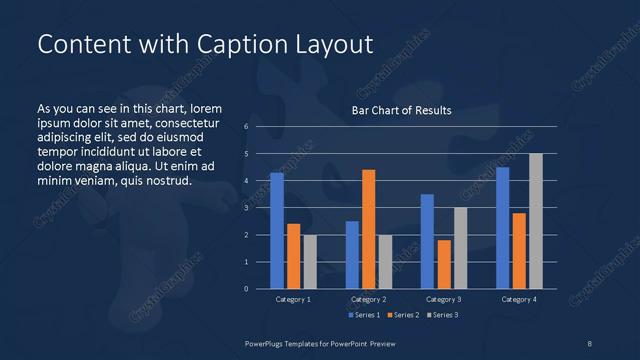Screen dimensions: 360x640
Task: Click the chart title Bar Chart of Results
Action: pyautogui.click(x=401, y=110)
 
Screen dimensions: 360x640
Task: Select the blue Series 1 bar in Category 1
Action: pyautogui.click(x=277, y=231)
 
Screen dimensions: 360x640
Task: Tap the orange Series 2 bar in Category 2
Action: pyautogui.click(x=368, y=229)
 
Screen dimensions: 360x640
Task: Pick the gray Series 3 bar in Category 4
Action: pyautogui.click(x=535, y=221)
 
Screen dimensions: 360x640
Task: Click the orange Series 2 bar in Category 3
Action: pyautogui.click(x=444, y=264)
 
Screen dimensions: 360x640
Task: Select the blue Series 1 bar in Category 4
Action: pyautogui.click(x=502, y=228)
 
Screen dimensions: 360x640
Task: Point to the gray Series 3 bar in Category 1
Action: pyautogui.click(x=309, y=262)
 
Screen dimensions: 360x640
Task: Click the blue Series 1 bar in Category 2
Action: pyautogui.click(x=352, y=255)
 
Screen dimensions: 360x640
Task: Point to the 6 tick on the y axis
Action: pyautogui.click(x=246, y=127)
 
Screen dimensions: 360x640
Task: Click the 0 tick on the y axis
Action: pyautogui.click(x=246, y=289)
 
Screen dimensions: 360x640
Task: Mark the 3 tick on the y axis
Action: pyautogui.click(x=246, y=208)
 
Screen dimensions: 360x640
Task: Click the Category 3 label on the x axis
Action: pyautogui.click(x=443, y=299)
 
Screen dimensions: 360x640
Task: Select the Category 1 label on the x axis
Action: pyautogui.click(x=293, y=299)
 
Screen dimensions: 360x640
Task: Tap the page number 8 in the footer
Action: pyautogui.click(x=590, y=343)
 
